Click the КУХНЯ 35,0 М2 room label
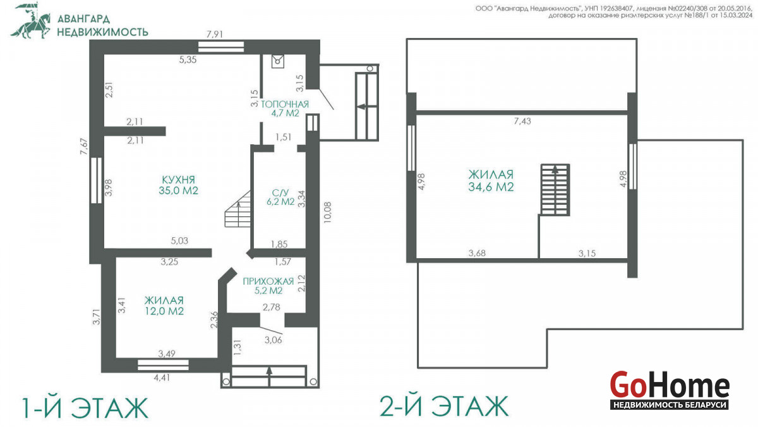click(178, 185)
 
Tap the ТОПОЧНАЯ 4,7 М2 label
click(285, 108)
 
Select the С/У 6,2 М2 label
click(280, 197)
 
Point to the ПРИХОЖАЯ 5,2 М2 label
click(268, 286)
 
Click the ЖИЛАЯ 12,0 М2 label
click(164, 306)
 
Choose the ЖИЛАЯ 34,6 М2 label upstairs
click(491, 181)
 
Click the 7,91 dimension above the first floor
click(215, 34)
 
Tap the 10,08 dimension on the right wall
click(327, 213)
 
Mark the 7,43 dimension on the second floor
click(522, 121)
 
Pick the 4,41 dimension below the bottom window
click(162, 377)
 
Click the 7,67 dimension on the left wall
click(83, 146)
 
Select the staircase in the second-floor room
click(555, 190)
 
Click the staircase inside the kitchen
click(238, 209)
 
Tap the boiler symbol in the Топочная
click(278, 61)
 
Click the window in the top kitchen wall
click(221, 47)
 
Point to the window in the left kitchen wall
click(97, 180)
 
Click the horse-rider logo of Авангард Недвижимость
click(31, 20)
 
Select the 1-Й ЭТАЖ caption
click(85, 407)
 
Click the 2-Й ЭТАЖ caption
click(444, 406)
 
